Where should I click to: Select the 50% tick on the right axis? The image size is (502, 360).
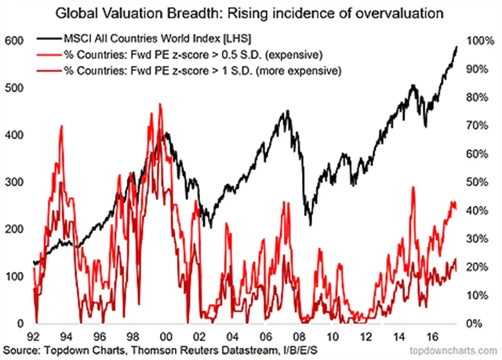478,182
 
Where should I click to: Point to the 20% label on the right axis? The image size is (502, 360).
478,267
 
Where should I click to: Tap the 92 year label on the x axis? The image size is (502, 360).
32,336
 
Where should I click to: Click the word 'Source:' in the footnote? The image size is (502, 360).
24,350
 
